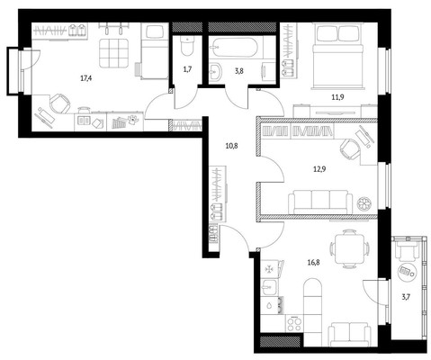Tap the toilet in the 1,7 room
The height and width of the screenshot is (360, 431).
[188, 46]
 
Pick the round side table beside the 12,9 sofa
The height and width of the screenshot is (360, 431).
[364, 203]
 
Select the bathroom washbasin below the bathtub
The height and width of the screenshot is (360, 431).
[217, 72]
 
